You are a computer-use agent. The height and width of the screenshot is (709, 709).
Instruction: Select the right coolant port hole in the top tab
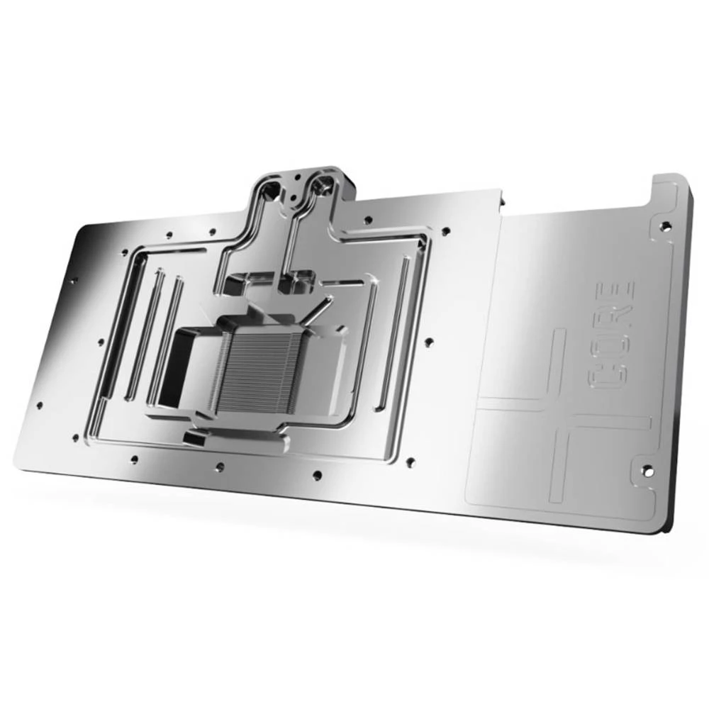point(323,186)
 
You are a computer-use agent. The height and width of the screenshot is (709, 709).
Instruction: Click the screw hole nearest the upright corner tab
point(664,226)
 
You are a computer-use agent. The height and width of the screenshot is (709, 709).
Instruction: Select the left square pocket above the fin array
point(234,285)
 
